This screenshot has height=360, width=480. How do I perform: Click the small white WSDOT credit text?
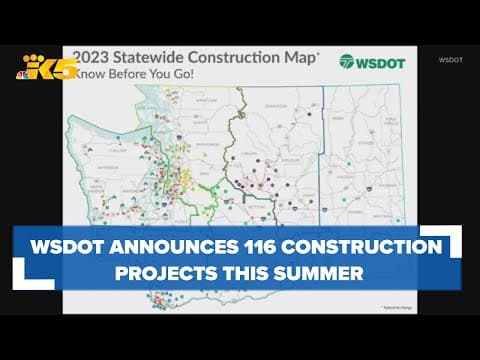click(450, 60)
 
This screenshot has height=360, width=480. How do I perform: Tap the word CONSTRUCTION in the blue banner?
click(369, 246)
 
